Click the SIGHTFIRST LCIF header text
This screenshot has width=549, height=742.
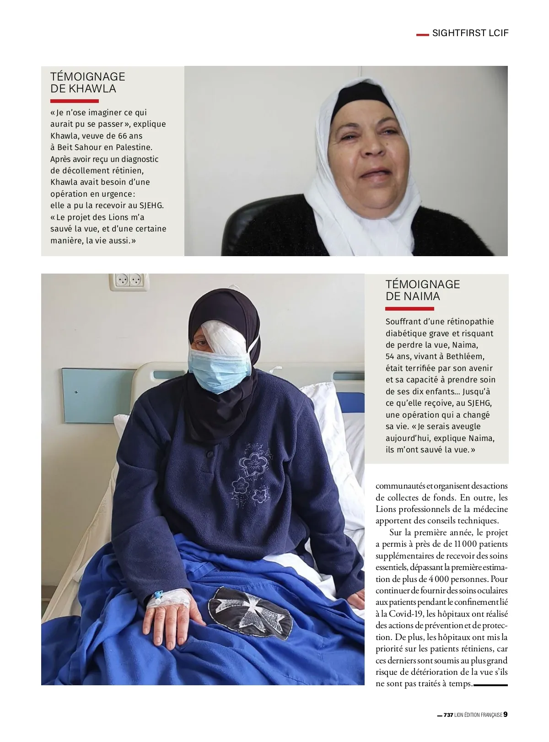click(x=470, y=33)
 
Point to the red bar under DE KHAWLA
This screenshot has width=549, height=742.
click(x=74, y=101)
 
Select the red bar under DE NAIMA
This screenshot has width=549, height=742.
click(x=409, y=309)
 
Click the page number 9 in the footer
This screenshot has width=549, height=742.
click(x=506, y=714)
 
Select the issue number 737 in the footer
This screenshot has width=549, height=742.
click(x=448, y=715)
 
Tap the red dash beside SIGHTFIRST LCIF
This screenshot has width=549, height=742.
click(x=422, y=34)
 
